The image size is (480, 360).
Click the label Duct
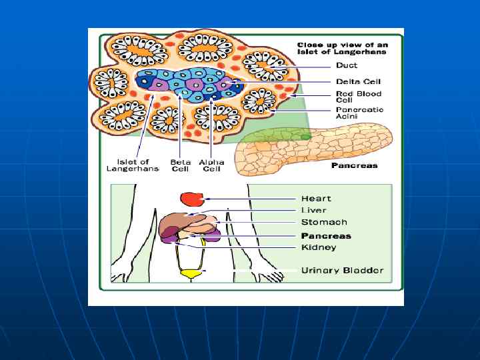347,66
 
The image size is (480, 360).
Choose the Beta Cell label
180,165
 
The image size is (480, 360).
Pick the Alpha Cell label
211,165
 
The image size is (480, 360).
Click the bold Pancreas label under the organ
354,166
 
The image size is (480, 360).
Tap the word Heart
316,199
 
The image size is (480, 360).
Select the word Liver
313,211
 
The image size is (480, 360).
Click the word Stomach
324,223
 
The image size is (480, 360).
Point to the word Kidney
319,248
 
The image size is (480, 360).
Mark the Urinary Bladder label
342,271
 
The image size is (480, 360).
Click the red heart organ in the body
192,199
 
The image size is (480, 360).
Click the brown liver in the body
177,222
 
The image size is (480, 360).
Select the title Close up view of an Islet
341,49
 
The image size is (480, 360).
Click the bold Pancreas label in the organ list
326,236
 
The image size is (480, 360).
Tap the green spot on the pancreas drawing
305,137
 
